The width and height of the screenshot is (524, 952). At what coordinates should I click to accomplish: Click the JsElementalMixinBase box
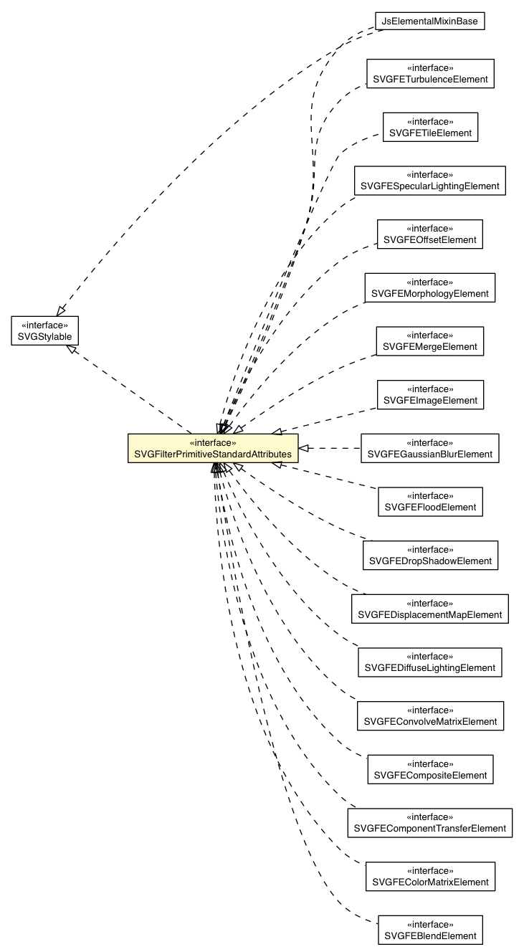coord(430,22)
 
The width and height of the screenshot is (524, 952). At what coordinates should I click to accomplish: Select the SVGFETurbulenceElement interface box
coord(430,74)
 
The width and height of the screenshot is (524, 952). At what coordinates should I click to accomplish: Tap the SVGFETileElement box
coord(430,127)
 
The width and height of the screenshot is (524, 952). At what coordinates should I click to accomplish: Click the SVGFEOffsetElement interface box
coord(430,234)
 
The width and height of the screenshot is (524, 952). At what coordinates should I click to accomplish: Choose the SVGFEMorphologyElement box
coord(430,287)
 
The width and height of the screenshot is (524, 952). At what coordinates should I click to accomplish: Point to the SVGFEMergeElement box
coord(430,341)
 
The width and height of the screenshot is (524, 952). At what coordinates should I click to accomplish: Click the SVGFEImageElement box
coord(430,394)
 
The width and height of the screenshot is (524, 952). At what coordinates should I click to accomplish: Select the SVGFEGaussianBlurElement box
coord(430,448)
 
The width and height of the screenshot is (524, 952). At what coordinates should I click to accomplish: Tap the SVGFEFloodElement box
coord(430,501)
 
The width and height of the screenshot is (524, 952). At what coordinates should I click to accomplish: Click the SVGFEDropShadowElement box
coord(430,555)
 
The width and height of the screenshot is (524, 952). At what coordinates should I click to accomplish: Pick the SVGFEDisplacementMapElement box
coord(430,609)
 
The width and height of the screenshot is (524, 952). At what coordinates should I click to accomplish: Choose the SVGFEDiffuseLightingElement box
coord(430,662)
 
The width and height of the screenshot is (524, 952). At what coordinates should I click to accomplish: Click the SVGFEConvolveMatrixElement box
coord(430,715)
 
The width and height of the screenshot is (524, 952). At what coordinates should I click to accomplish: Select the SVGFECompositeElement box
coord(430,769)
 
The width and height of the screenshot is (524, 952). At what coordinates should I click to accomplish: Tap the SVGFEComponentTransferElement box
coord(430,822)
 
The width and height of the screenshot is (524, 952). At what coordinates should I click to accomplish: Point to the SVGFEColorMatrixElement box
coord(430,876)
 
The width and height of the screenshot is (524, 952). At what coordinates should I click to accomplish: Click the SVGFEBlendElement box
coord(430,930)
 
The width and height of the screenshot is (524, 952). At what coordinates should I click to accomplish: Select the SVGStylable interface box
coord(44,329)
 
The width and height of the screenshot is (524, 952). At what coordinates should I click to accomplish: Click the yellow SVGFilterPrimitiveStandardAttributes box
coord(213,448)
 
